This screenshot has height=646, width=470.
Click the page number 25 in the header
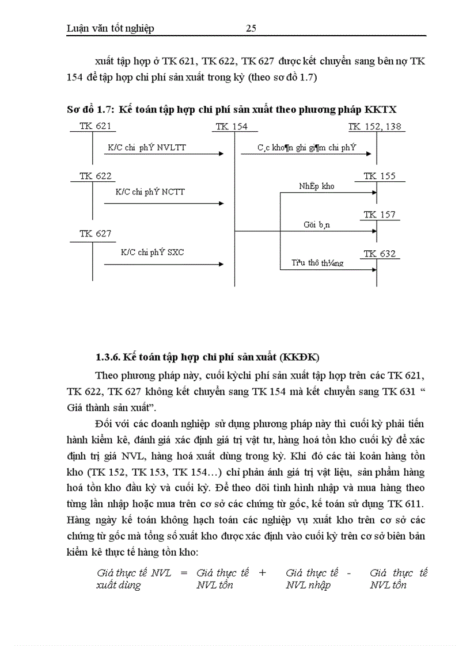click(x=251, y=29)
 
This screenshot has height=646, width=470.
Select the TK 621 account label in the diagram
click(x=95, y=127)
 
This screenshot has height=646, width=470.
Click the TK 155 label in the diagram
click(x=379, y=176)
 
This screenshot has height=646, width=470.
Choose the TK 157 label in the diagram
click(x=379, y=215)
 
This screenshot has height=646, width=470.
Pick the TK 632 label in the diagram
click(x=379, y=254)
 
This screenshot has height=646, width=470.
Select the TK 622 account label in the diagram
click(x=95, y=176)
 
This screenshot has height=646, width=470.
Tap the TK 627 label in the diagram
click(x=95, y=233)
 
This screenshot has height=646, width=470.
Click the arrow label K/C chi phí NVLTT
click(x=147, y=148)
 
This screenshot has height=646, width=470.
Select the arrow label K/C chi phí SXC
click(x=152, y=252)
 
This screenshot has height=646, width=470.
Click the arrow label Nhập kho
click(x=316, y=186)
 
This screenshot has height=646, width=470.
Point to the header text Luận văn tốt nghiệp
click(x=111, y=29)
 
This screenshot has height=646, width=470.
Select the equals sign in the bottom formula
click(x=184, y=573)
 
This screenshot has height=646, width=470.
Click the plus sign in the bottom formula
click(x=263, y=573)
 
